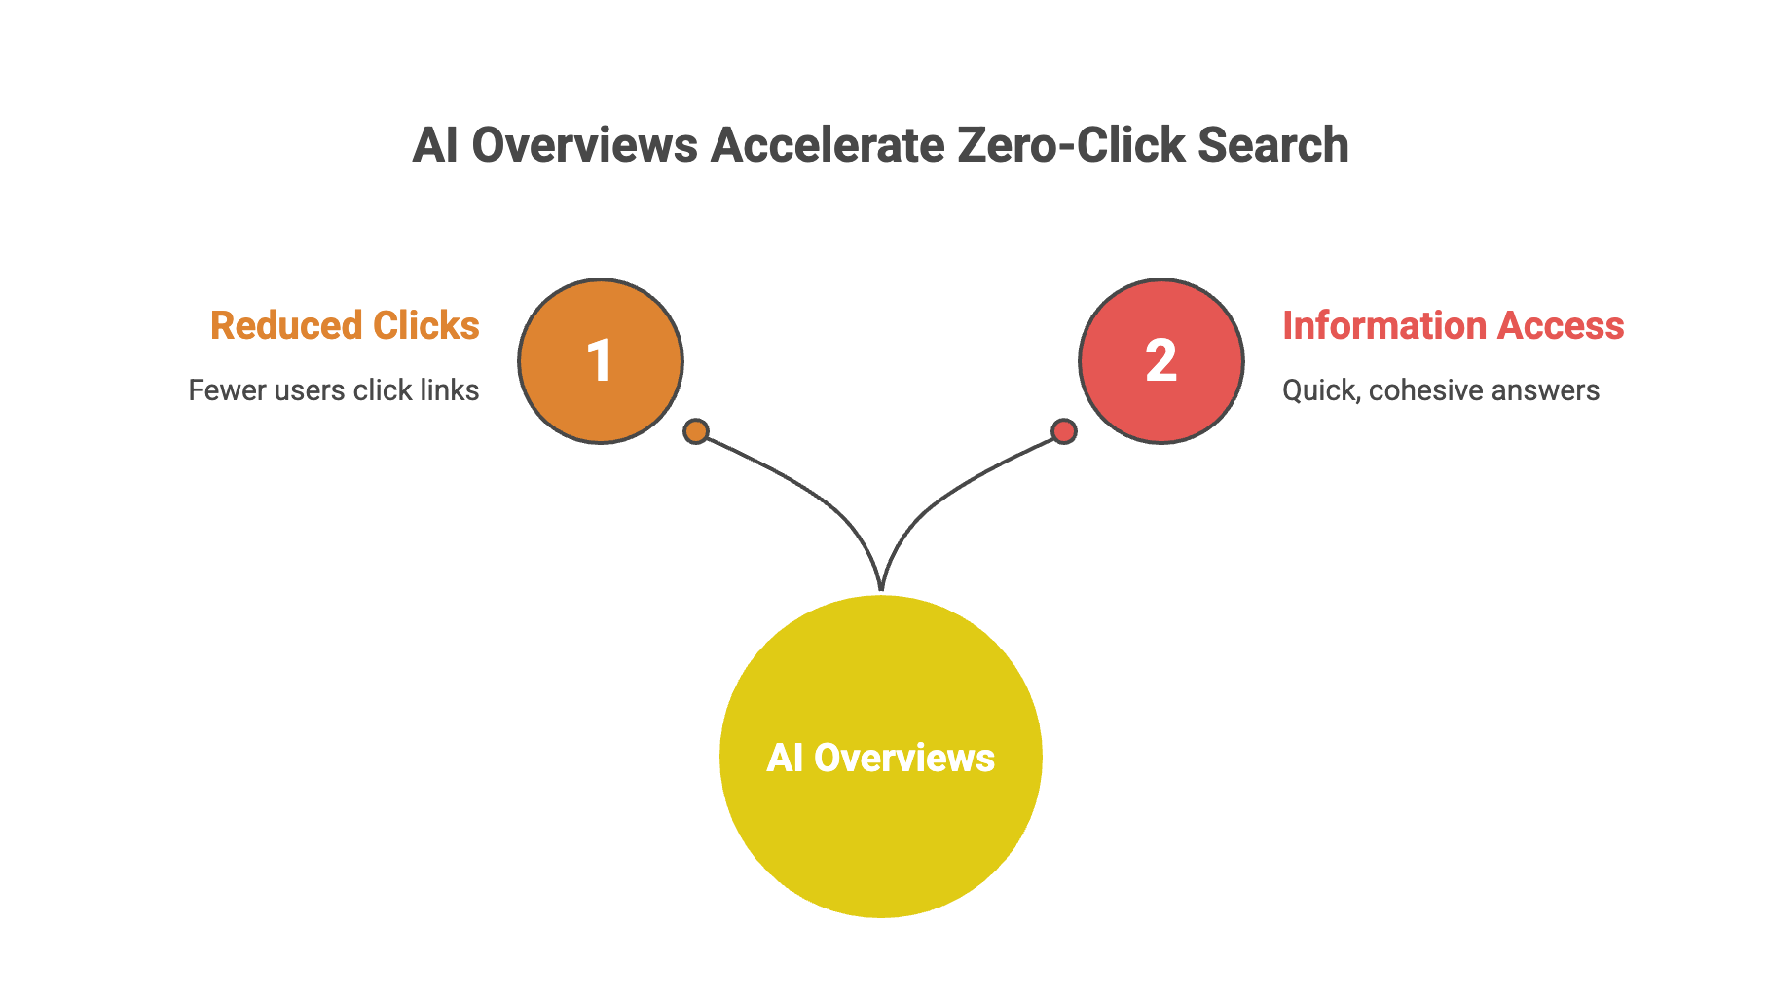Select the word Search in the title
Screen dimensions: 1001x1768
pos(1273,146)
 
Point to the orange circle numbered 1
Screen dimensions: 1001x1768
pos(601,361)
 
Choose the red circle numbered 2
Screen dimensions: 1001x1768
pos(1161,361)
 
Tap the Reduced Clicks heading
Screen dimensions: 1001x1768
pos(345,326)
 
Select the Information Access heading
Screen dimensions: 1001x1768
pos(1453,326)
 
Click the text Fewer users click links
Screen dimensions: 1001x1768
pos(333,390)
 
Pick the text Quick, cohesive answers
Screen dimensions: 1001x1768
pos(1440,390)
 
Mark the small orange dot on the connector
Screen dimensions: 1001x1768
pos(696,431)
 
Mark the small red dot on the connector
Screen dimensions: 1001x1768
pos(1064,430)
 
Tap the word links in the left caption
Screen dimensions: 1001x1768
pos(449,390)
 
